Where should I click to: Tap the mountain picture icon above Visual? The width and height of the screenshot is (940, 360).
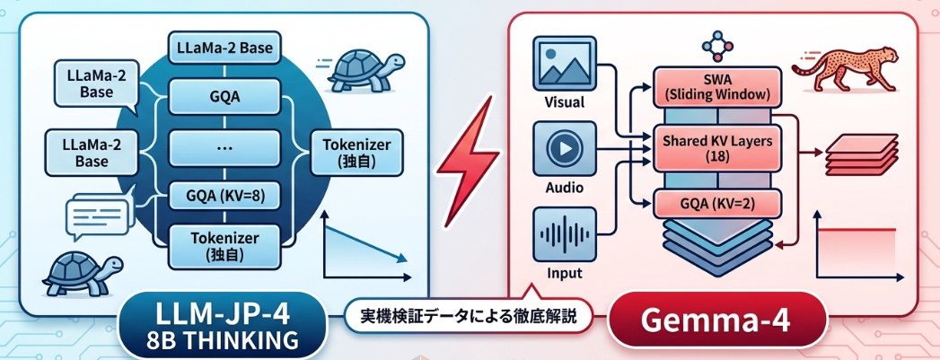pos(558,62)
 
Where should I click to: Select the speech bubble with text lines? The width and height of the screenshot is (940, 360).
pos(90,216)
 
